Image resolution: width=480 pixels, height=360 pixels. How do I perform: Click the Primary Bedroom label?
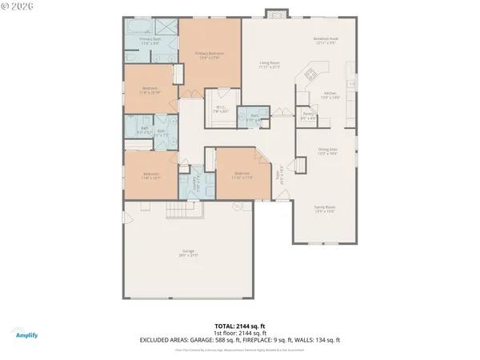click(x=210, y=54)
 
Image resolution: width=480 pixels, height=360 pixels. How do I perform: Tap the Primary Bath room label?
click(x=150, y=40)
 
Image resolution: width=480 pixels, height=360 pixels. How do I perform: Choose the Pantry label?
click(x=307, y=116)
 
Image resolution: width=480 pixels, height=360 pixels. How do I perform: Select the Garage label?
click(x=188, y=254)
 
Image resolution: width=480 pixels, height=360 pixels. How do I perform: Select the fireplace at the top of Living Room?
click(x=274, y=13)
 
